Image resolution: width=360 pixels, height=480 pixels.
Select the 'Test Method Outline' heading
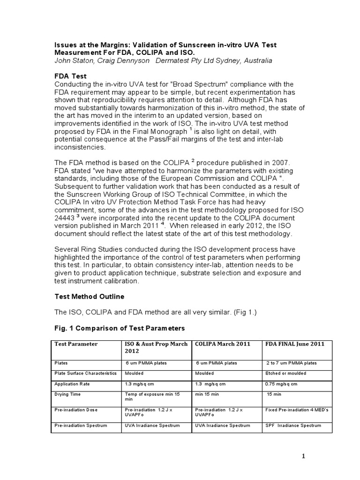coord(90,296)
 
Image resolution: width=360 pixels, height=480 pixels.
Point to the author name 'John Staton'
coord(72,61)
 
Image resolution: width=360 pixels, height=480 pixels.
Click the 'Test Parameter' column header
coord(76,344)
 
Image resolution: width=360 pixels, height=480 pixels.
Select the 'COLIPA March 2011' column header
coord(222,344)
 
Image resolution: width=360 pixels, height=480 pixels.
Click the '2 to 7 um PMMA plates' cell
coord(292,363)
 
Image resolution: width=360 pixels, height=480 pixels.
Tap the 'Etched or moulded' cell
coord(286,373)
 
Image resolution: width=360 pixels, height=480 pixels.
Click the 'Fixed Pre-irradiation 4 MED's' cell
coord(297,410)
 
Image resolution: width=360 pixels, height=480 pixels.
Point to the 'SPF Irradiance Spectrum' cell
coord(293,425)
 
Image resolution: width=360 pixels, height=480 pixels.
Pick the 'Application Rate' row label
coord(72,383)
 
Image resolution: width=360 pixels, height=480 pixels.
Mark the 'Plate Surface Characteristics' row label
coord(85,373)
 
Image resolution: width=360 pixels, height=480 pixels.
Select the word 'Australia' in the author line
coord(256,61)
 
